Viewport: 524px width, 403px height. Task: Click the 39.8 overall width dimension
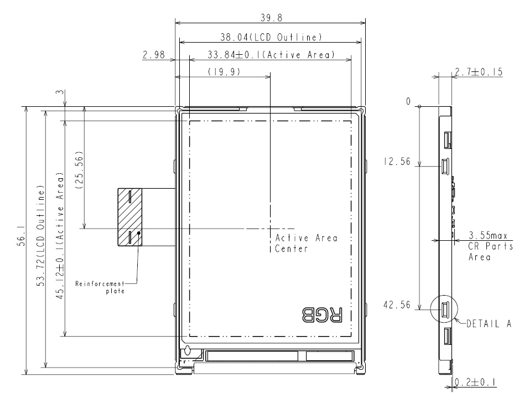tap(270, 18)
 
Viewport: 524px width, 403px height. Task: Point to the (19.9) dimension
tap(224, 72)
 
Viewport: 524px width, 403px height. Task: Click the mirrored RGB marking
tap(321, 315)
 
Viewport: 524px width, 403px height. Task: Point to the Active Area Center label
tap(306, 244)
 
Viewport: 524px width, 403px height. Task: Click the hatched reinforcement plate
tap(129, 216)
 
